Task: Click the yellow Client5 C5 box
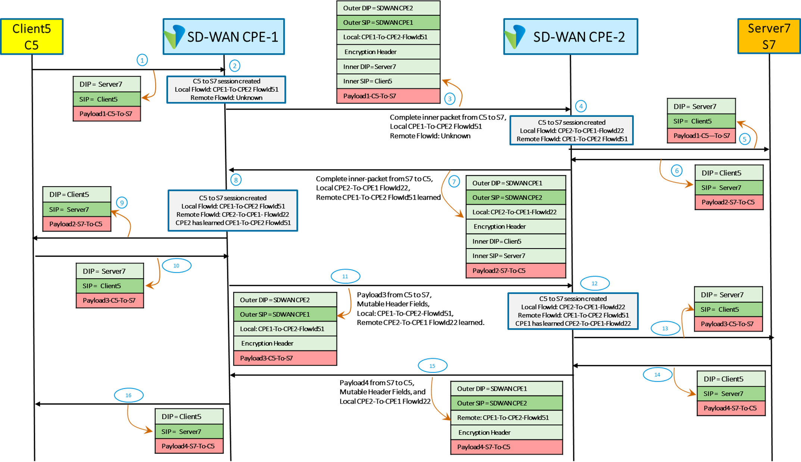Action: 32,37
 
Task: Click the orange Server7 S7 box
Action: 769,36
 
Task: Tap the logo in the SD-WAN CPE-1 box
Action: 174,37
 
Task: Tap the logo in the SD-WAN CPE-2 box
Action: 515,37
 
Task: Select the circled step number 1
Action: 142,60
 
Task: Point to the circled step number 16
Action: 128,395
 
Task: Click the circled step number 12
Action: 595,284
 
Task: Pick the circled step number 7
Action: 454,182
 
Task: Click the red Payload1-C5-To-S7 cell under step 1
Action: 107,114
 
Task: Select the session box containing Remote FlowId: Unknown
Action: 226,90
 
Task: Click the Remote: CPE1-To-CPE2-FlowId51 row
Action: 506,418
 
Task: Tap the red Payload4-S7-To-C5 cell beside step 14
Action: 731,408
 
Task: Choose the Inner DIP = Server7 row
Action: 388,67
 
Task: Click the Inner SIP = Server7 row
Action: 515,256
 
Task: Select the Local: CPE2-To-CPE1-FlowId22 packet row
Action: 515,212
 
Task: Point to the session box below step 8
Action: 233,210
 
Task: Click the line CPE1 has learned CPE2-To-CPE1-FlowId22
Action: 573,324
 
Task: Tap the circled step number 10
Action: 177,266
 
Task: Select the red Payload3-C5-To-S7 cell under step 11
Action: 285,358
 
